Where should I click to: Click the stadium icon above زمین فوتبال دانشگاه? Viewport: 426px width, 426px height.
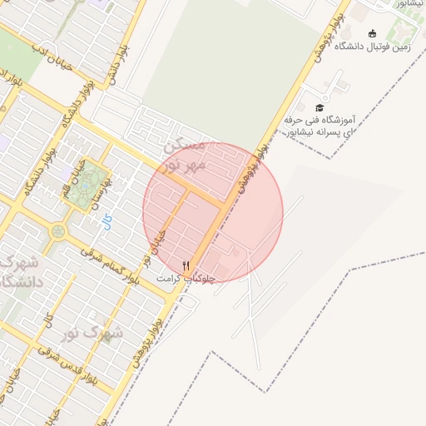(372, 33)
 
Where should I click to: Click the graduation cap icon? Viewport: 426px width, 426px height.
(319, 107)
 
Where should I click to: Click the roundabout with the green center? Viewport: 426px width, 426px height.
(58, 231)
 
